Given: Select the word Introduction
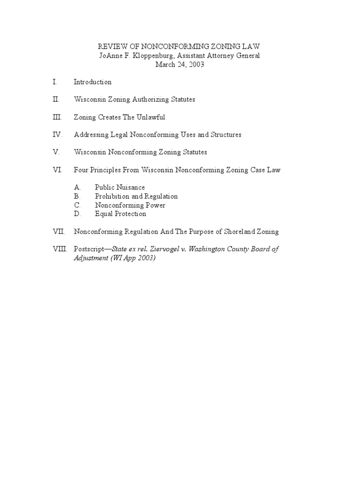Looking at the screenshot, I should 92,82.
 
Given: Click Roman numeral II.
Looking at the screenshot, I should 56,99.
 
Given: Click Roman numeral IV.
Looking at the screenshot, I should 57,135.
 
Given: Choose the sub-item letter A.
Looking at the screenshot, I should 77,187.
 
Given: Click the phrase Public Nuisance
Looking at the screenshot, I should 120,187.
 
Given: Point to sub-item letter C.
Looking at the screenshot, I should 77,205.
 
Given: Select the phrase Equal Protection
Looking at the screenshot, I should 120,214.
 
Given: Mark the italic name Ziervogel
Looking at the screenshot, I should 160,249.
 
